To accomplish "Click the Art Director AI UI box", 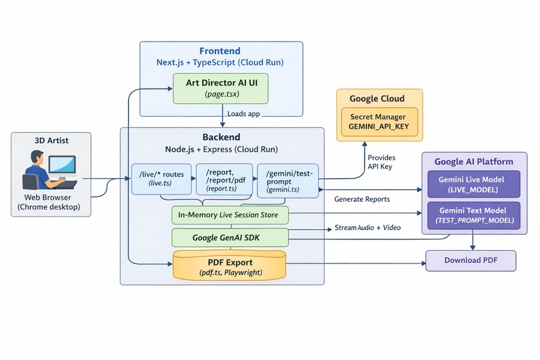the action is pos(220,88).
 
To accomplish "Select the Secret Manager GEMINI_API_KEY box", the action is pos(379,121).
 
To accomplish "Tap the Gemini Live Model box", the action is pos(474,184).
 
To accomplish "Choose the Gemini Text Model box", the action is pos(474,215).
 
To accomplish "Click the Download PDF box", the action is pos(471,260).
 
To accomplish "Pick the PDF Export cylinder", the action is pos(229,265).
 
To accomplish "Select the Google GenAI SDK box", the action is pos(230,237).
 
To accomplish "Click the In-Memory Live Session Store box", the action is pos(230,215).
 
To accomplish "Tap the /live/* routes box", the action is pos(161,179).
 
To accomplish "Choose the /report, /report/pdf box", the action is pos(224,180).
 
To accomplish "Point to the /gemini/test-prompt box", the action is pos(288,181).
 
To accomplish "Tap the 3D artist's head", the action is pos(37,158).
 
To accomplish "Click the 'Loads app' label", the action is pos(243,114).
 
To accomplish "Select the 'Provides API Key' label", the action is pos(381,162).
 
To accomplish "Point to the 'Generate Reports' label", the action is pos(362,199).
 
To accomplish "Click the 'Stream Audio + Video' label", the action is pos(367,228).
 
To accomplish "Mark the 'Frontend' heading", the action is pos(220,51).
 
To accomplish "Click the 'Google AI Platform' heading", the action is pos(474,162).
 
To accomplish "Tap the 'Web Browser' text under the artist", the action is pos(48,197).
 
